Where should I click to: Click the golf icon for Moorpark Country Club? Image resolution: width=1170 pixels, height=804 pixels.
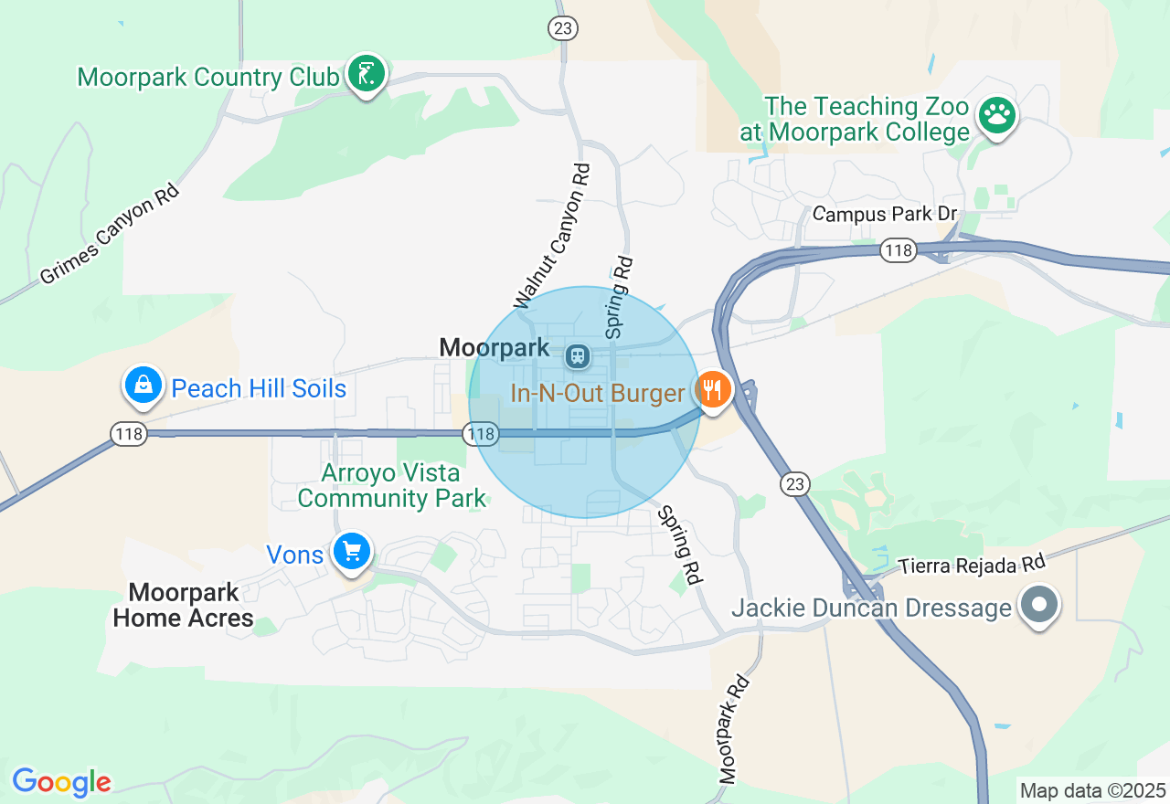(x=367, y=75)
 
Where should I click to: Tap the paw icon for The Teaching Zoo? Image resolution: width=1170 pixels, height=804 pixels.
(x=997, y=116)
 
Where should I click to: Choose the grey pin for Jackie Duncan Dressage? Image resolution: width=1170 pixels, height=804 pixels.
(x=1038, y=606)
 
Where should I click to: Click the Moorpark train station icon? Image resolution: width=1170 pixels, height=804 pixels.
(x=577, y=355)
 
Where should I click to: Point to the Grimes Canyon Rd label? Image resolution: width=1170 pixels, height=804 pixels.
(x=110, y=234)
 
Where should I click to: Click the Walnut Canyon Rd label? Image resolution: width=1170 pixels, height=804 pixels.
(x=552, y=236)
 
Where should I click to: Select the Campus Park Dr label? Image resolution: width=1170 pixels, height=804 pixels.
(x=884, y=214)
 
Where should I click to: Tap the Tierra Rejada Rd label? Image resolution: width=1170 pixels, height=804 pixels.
(x=971, y=566)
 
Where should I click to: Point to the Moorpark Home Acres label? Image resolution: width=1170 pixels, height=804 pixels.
(x=184, y=605)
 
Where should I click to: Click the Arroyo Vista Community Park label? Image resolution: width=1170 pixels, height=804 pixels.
(x=392, y=486)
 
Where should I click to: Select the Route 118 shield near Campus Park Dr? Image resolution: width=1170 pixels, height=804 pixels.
(x=899, y=250)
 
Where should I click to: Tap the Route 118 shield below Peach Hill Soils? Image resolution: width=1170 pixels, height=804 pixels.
(x=130, y=434)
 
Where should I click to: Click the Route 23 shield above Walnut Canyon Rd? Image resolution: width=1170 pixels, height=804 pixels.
(x=562, y=28)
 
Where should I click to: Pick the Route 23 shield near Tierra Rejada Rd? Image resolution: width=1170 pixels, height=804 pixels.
(x=795, y=483)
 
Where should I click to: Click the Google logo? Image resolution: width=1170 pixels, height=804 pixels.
(x=61, y=782)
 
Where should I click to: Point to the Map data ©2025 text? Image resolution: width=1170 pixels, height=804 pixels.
(x=1092, y=790)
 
